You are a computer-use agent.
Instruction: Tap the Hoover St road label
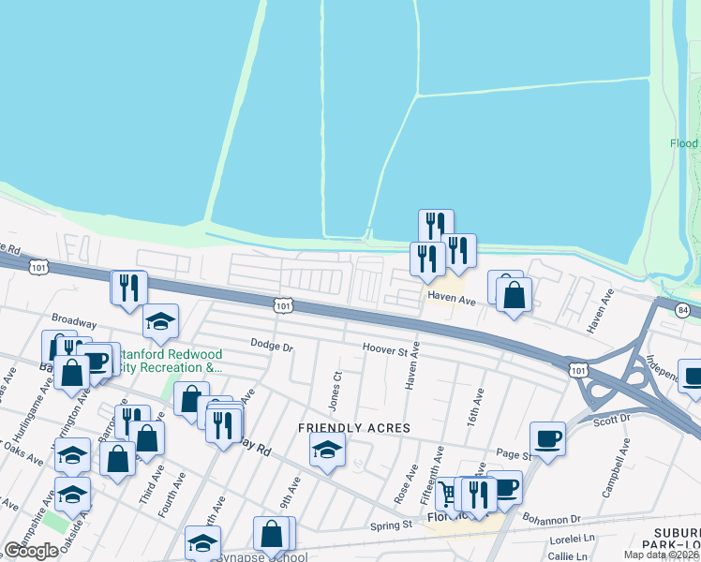(x=386, y=350)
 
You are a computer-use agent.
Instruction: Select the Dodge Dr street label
(x=273, y=347)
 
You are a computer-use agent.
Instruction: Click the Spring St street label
(x=393, y=526)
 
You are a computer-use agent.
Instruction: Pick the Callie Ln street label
(x=567, y=555)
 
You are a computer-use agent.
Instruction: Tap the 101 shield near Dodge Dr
(x=283, y=305)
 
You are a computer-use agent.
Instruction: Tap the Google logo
(x=31, y=551)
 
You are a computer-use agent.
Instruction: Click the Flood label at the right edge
(x=684, y=143)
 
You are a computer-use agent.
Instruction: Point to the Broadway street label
(x=74, y=319)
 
